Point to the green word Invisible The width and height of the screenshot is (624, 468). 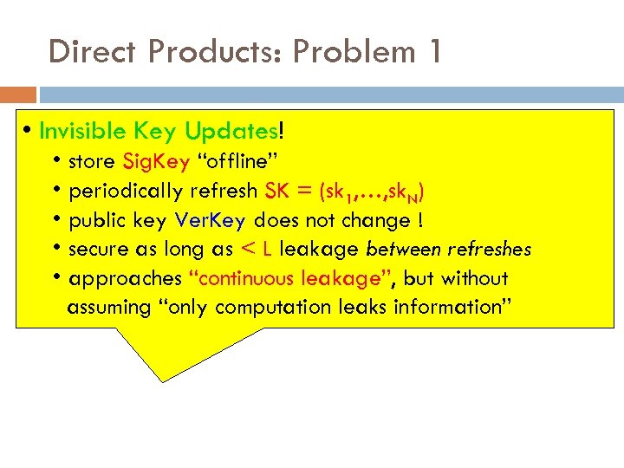pos(84,131)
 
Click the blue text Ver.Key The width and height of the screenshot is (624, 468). pos(211,220)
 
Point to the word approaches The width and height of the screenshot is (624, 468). pos(124,279)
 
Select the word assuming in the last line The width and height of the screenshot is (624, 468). pos(108,308)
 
